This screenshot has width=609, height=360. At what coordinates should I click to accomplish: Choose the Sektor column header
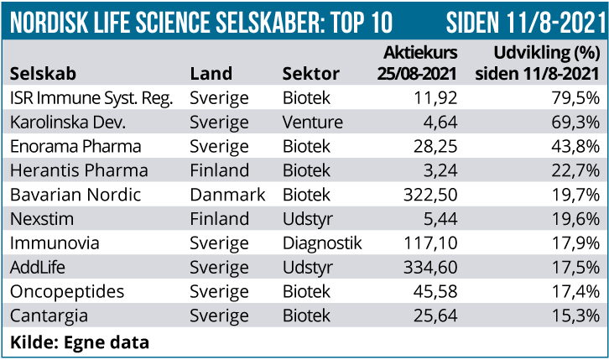311,73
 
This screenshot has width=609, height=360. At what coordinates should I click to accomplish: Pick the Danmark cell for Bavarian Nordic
227,196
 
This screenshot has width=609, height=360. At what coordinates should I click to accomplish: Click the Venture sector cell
313,123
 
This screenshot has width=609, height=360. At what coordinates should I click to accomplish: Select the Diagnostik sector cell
322,244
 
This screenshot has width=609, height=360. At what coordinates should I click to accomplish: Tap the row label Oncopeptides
67,293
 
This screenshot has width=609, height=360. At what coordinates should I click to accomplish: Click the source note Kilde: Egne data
80,342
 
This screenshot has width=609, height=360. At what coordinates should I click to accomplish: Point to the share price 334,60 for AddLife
431,269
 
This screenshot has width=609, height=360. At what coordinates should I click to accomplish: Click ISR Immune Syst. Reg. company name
91,98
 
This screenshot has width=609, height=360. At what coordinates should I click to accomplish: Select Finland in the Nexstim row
219,220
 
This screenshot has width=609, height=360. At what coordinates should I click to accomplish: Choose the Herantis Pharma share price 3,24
440,171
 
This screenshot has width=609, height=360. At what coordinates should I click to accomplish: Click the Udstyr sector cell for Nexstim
309,220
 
